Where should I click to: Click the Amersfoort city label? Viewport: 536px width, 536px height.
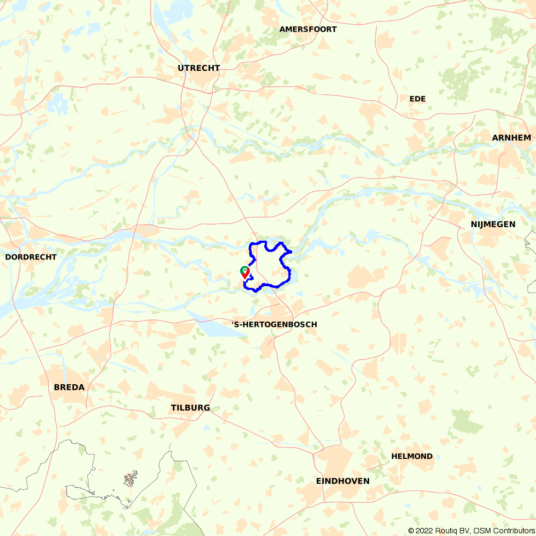point(308,29)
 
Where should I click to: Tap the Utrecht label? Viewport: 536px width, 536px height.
point(199,68)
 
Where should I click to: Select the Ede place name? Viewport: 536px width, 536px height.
point(417,99)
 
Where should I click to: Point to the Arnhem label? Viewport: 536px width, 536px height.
point(511,138)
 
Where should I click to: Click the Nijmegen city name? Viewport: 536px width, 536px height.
point(493,225)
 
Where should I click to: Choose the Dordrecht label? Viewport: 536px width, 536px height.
point(31,257)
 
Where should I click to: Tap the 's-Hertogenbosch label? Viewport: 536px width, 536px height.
point(274,325)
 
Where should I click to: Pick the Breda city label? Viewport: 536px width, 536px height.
point(69,387)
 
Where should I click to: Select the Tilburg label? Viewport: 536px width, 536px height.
point(190,408)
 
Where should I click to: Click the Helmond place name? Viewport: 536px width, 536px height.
point(412,457)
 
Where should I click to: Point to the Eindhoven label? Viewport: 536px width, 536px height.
point(343,481)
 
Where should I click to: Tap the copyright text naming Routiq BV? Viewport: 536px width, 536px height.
point(443,531)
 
